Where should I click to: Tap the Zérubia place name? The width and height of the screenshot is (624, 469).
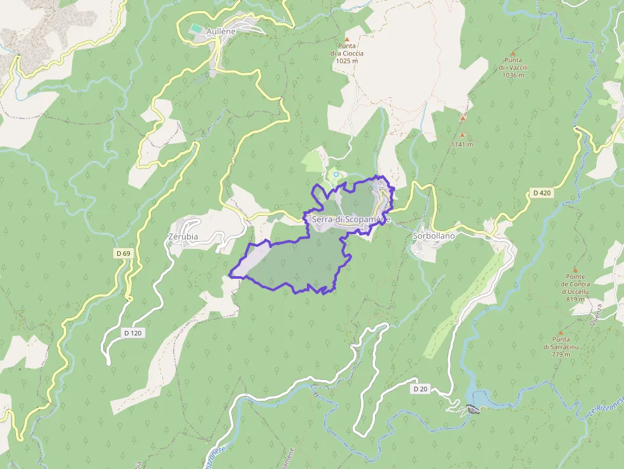[183, 237]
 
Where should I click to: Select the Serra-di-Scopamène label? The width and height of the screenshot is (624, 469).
[350, 219]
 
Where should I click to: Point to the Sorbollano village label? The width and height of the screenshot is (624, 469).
[434, 235]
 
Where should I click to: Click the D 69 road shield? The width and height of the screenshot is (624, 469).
[124, 253]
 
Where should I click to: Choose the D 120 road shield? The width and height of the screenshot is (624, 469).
[132, 333]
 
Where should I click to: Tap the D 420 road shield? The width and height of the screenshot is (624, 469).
[541, 193]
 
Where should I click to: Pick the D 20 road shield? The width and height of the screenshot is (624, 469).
[420, 388]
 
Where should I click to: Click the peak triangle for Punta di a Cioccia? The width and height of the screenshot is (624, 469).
[347, 39]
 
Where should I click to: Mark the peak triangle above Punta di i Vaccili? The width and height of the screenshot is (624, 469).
[513, 53]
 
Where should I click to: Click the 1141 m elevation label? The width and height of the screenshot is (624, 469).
[462, 144]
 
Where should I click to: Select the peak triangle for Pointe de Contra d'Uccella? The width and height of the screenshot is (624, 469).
[575, 270]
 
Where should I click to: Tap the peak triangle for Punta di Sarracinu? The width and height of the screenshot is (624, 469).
[561, 332]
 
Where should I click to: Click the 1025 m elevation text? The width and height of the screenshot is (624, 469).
[347, 61]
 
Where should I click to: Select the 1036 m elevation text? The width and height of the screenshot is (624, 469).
[513, 75]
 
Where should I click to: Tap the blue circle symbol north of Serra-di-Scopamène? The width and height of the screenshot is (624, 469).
[336, 174]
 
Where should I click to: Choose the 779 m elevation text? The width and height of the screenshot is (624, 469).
[561, 354]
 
